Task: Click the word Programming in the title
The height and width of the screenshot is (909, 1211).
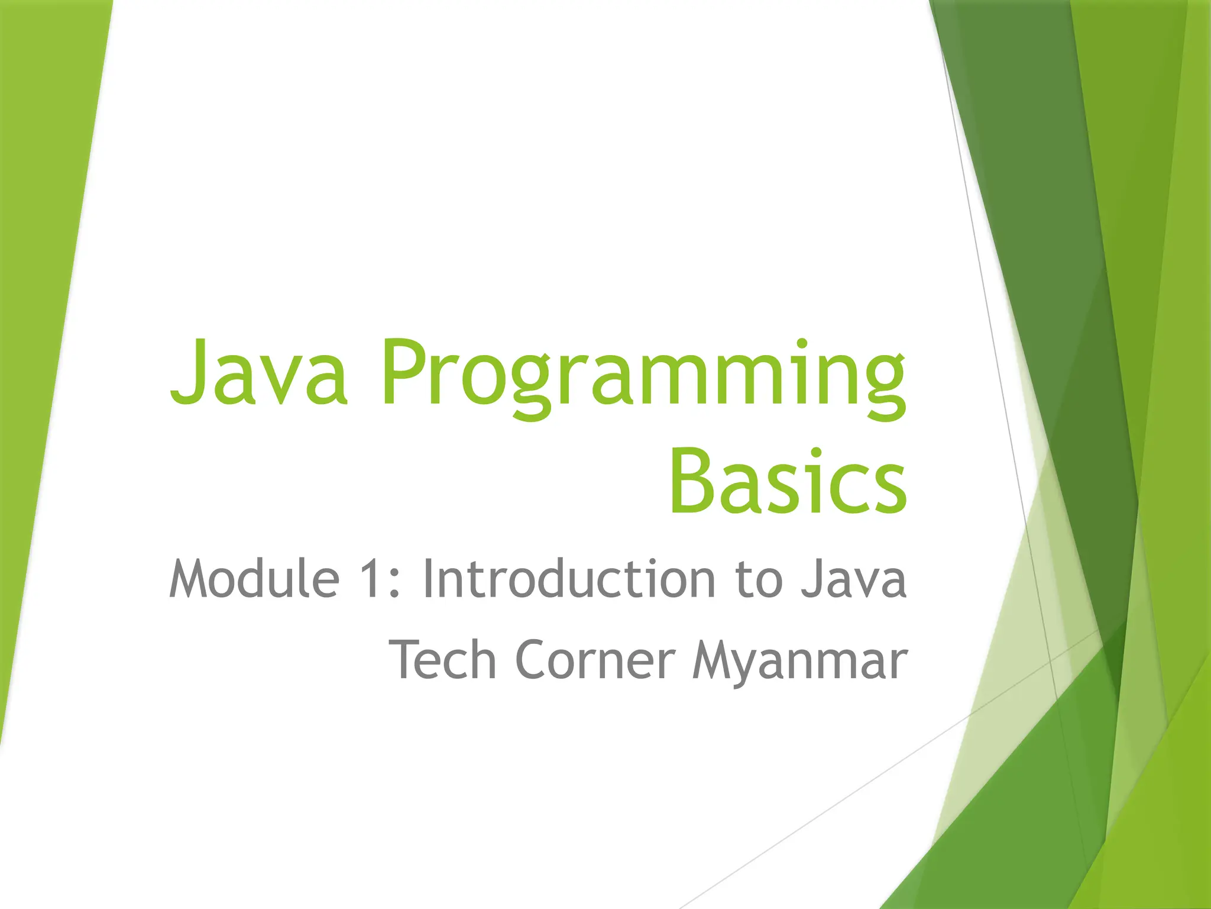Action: pyautogui.click(x=643, y=376)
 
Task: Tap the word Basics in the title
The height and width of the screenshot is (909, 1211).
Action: pyautogui.click(x=788, y=482)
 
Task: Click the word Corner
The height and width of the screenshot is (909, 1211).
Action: pyautogui.click(x=595, y=659)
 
